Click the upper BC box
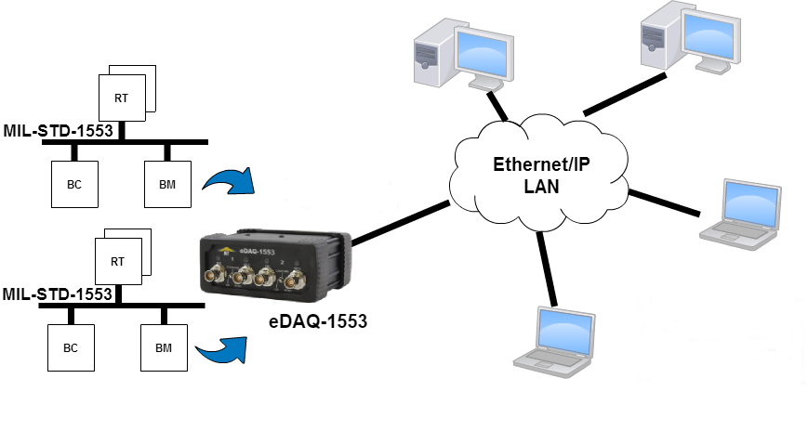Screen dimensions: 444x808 tap(74, 184)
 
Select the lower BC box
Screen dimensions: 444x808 tap(71, 348)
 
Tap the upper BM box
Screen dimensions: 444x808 tap(167, 184)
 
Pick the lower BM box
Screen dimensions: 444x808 tap(164, 348)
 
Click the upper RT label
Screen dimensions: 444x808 tap(122, 98)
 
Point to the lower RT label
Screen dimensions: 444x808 tap(118, 261)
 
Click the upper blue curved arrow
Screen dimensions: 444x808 tap(229, 180)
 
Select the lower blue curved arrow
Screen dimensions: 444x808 tap(223, 348)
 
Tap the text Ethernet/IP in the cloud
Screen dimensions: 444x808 tap(540, 165)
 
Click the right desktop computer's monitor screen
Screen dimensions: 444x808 tap(711, 34)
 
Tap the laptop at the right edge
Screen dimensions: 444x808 tap(740, 214)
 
